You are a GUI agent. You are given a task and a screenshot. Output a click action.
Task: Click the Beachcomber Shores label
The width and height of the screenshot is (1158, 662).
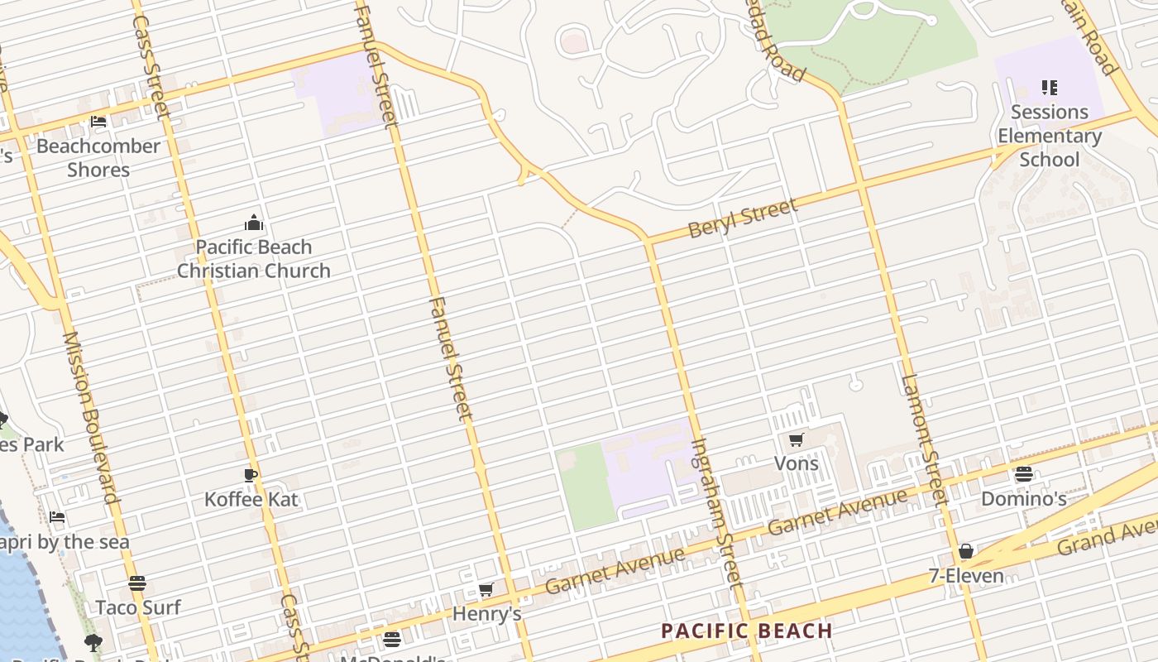click(x=98, y=158)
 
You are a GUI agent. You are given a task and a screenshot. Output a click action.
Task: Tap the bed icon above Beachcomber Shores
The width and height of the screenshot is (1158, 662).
click(x=98, y=122)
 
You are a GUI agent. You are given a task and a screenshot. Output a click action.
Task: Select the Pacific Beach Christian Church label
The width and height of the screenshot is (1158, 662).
click(x=254, y=259)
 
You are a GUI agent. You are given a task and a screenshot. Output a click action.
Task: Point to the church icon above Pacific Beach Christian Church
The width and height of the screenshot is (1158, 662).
click(x=254, y=223)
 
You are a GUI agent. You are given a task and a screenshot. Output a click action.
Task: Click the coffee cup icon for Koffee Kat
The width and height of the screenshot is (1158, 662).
click(x=251, y=475)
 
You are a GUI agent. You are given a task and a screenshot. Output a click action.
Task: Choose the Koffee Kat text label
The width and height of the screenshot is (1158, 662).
click(x=251, y=499)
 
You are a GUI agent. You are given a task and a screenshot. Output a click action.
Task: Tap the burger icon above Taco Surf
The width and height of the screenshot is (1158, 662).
click(x=137, y=583)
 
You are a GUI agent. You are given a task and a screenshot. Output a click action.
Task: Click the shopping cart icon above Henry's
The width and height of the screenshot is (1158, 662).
click(x=486, y=590)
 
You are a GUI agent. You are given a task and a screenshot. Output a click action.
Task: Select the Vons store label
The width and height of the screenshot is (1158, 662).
click(x=797, y=463)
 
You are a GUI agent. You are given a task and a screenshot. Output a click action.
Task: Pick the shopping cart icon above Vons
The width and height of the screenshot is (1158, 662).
click(x=797, y=439)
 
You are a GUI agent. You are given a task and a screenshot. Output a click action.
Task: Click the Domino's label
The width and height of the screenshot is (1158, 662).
click(x=1023, y=499)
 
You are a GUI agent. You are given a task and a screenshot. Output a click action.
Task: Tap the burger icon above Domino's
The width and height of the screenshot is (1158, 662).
click(x=1024, y=475)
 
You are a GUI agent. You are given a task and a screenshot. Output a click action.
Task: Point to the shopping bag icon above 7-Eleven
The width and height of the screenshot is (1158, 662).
click(x=965, y=552)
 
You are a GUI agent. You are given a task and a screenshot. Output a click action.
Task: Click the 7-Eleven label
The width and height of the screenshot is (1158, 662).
click(x=966, y=576)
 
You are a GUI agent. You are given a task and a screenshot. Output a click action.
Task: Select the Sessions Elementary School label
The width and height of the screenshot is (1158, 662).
click(x=1050, y=136)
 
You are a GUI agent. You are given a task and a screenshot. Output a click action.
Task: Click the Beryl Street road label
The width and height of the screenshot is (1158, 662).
click(x=742, y=218)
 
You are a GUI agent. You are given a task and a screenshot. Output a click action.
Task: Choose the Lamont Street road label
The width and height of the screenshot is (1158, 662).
click(x=923, y=440)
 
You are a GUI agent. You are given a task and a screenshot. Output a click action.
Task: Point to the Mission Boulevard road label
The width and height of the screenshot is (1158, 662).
click(x=89, y=418)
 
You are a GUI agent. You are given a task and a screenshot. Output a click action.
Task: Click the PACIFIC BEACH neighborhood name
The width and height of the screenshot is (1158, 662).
click(x=747, y=631)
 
